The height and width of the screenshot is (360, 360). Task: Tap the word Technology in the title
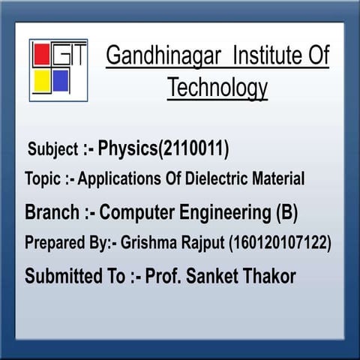pos(217,88)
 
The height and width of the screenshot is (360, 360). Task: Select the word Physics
pos(126,148)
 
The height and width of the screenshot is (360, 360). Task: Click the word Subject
pos(52,149)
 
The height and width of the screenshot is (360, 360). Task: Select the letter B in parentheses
pos(286,213)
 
